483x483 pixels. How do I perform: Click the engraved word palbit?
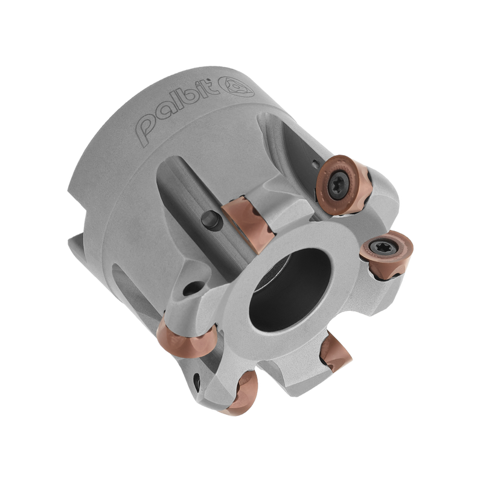175,110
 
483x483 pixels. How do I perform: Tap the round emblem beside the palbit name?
236,86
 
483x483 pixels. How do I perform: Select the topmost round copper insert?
344,184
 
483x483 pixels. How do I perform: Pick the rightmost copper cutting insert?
386,255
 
